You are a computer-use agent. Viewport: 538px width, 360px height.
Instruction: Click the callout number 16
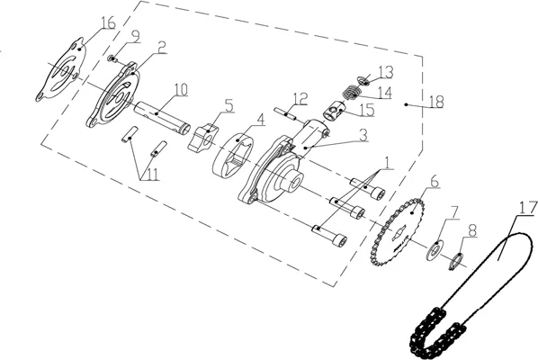(109, 23)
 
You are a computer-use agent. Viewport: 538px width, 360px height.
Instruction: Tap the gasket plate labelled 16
(61, 71)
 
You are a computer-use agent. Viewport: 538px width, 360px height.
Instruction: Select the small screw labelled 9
(112, 58)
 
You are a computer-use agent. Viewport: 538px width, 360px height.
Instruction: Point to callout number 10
(182, 90)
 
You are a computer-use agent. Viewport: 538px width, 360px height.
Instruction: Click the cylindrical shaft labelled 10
(162, 117)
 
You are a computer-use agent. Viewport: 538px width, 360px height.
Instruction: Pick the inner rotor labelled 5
(203, 138)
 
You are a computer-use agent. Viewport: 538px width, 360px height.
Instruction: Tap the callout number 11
(149, 175)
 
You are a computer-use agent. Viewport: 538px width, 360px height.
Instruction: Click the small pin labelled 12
(285, 113)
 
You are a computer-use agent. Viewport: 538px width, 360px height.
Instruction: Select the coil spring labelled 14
(352, 92)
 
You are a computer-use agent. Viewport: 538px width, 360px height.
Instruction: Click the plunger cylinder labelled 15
(334, 111)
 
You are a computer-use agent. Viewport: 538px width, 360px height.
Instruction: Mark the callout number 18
(436, 102)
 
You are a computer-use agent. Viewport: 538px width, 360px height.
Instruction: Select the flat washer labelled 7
(435, 250)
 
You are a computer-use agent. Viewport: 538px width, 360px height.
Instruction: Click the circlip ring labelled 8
(456, 261)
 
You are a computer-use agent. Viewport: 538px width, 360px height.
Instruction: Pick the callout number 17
(528, 209)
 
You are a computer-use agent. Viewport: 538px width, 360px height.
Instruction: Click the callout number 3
(363, 136)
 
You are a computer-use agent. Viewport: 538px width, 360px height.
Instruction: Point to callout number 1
(387, 163)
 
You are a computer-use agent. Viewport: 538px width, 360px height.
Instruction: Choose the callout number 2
(162, 48)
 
